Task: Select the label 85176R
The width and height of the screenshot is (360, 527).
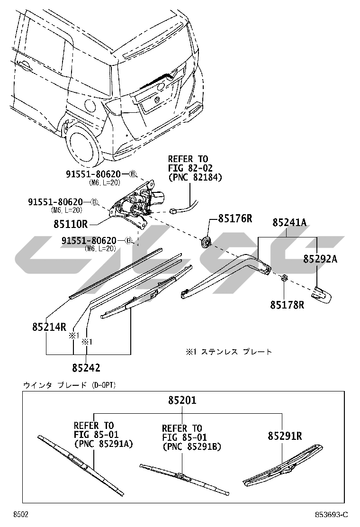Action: pos(235,219)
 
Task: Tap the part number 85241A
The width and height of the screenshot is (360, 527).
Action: pos(288,223)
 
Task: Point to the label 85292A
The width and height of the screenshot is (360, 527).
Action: pos(320,259)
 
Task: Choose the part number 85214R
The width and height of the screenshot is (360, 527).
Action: pos(49,327)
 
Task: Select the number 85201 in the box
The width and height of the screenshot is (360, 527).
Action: pos(182,400)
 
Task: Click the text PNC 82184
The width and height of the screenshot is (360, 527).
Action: pos(195,177)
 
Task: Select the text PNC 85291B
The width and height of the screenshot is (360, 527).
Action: pos(191,446)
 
